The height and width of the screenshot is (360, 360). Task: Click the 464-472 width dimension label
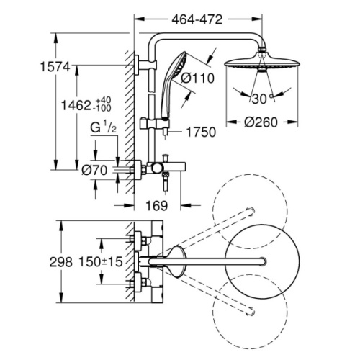pos(197,19)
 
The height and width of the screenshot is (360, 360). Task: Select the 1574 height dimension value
pos(55,67)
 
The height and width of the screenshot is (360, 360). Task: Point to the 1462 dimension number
pos(76,105)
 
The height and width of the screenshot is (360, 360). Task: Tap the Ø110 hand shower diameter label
pos(197,78)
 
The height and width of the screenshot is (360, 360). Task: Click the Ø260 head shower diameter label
pos(261,122)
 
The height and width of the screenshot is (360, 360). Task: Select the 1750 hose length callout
pos(201,132)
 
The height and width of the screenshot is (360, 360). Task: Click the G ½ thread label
pos(103,127)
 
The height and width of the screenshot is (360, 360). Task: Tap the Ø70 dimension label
pos(94,171)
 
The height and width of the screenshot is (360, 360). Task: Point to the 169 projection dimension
pos(157,206)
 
